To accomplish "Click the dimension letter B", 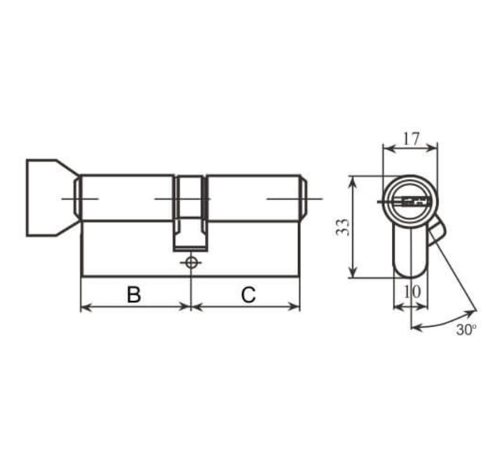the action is coord(133,294).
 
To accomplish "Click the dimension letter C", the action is coord(248,294).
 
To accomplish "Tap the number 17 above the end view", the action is coord(411,139).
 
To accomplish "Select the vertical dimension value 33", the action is coord(342,228).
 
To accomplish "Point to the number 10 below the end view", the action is coord(412,292).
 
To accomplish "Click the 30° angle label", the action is coord(466,330).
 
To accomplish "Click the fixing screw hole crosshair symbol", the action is coord(191,262).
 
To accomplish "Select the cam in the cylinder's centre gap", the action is coord(190,213).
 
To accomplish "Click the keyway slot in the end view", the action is coord(415,202).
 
